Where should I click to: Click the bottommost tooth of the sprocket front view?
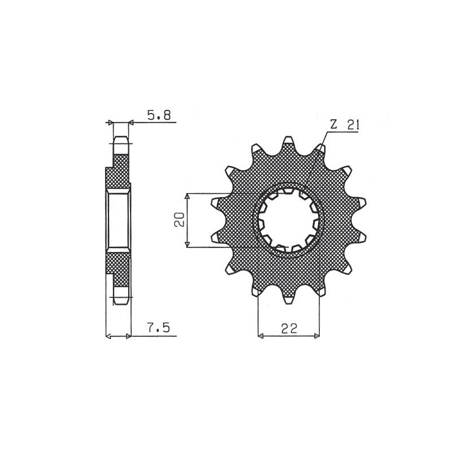point(289,299)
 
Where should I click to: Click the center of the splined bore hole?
point(289,220)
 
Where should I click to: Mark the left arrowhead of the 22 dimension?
point(261,336)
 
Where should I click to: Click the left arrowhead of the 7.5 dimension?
point(108,336)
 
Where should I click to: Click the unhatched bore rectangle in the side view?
point(119,220)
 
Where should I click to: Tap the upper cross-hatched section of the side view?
point(119,172)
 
